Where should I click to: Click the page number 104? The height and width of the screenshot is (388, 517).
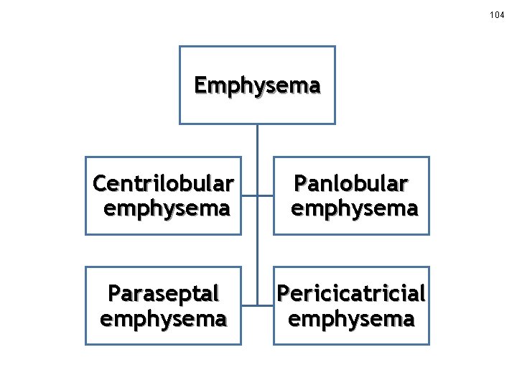(x=497, y=14)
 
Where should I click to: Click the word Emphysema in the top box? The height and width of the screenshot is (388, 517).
(x=257, y=86)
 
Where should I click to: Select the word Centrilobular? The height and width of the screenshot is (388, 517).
(x=163, y=185)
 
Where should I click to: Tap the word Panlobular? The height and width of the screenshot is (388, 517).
(x=350, y=185)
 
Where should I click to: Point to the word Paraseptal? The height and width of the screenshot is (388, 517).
(x=163, y=294)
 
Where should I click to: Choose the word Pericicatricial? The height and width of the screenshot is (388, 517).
(x=351, y=294)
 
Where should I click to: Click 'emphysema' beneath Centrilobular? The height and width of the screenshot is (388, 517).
(x=167, y=209)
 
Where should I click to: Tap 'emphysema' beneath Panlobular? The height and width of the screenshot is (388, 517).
(x=354, y=209)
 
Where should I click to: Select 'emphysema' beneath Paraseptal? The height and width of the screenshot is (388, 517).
(x=163, y=318)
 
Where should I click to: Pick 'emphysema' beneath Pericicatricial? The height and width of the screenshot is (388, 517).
(x=351, y=318)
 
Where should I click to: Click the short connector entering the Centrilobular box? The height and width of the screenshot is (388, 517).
(x=249, y=196)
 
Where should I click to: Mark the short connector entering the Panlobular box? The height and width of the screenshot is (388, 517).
(x=265, y=196)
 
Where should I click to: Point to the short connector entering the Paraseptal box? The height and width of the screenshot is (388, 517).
(x=249, y=305)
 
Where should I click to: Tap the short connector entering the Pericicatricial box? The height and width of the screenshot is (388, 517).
(x=265, y=305)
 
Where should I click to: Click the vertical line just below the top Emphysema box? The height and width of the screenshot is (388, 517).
(x=257, y=140)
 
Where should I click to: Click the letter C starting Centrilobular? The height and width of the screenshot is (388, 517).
(x=100, y=185)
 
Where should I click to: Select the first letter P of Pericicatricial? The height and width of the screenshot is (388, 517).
(x=283, y=294)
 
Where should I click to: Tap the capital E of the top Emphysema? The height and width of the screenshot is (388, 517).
(x=200, y=86)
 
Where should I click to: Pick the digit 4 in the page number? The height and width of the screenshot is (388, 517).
(x=502, y=14)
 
